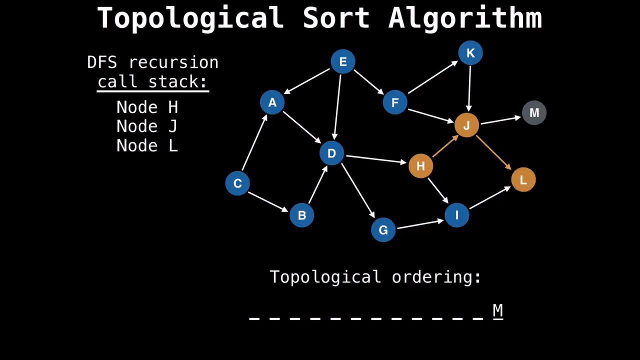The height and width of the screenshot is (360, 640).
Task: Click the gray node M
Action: (534, 112)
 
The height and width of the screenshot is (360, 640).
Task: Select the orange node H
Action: (420, 166)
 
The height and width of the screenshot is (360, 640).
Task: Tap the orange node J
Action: (466, 125)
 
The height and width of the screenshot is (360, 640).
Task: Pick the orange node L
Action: (523, 180)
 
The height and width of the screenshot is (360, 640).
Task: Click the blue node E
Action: (343, 61)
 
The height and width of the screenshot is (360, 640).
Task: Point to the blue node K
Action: (470, 53)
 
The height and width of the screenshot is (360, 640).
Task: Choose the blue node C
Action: (237, 183)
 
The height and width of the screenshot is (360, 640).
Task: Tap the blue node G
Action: (383, 230)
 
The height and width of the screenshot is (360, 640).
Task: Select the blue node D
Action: (331, 153)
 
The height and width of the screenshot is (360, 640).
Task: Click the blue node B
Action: (301, 215)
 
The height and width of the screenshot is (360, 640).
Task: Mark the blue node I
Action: (456, 215)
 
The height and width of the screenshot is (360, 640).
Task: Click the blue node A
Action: (272, 102)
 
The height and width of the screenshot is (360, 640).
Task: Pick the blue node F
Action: (395, 102)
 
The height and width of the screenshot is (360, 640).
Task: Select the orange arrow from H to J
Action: (445, 146)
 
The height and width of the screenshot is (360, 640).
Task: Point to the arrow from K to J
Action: (469, 89)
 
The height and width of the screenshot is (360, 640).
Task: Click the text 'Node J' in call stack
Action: (146, 126)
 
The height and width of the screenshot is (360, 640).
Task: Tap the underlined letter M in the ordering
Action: (497, 310)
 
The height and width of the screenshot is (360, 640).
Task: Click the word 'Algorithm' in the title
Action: (465, 18)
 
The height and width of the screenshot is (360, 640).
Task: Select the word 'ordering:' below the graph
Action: (436, 277)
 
